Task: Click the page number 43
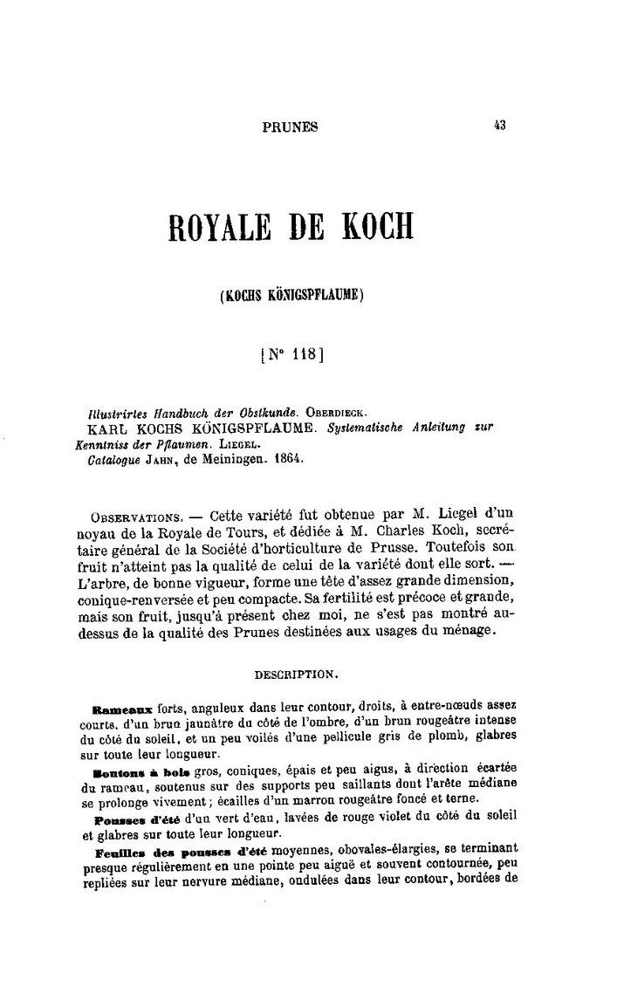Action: pos(499,125)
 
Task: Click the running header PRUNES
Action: pos(291,127)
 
